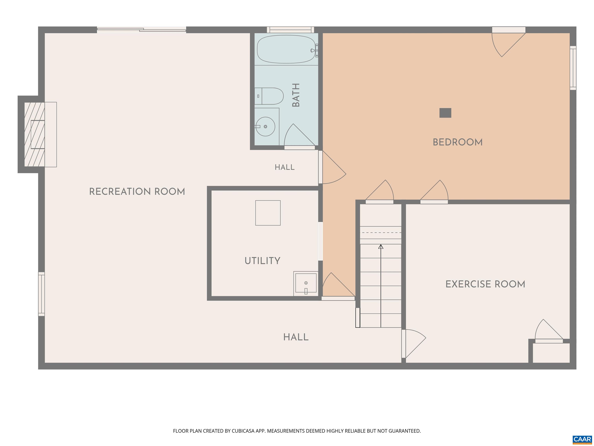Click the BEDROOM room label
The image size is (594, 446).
(457, 142)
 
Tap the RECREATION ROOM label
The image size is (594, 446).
(137, 192)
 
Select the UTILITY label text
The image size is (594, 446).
(262, 261)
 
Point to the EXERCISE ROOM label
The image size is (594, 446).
(485, 284)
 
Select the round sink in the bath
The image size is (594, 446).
(265, 126)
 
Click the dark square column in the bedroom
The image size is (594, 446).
(445, 113)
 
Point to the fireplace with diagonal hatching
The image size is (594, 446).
(34, 134)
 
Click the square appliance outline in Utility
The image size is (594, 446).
(268, 213)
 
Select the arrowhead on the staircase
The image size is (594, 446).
(381, 247)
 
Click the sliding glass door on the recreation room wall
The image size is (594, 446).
(142, 30)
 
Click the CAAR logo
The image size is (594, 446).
(582, 440)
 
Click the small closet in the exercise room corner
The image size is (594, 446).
(551, 353)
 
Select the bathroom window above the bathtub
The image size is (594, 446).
(290, 30)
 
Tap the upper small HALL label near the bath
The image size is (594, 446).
(285, 167)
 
